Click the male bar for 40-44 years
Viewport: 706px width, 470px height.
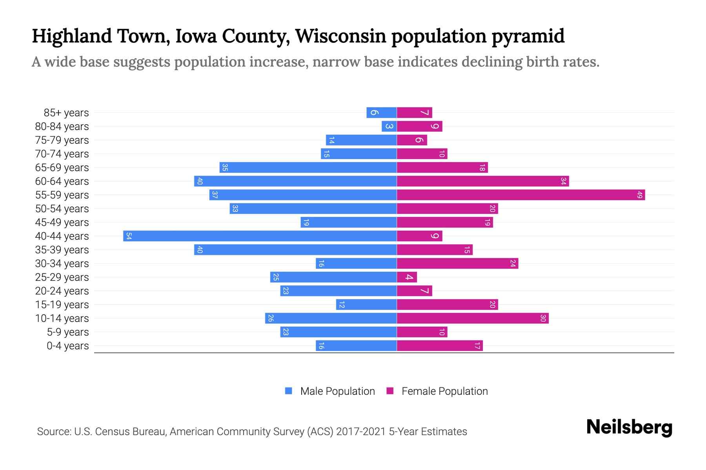[x=260, y=236]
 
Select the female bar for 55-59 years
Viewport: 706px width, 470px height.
[x=521, y=195]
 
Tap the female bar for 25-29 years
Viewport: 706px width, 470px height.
[x=407, y=277]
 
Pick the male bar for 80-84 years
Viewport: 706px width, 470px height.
[x=389, y=127]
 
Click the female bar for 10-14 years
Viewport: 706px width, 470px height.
[x=473, y=318]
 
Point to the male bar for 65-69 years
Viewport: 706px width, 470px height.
[x=308, y=168]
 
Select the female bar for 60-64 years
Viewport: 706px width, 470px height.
[x=483, y=181]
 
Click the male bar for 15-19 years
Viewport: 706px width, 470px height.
[x=366, y=305]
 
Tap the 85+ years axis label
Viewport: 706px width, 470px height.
[x=66, y=113]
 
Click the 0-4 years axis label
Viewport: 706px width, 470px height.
[x=67, y=346]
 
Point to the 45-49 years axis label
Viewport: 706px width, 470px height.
[x=62, y=222]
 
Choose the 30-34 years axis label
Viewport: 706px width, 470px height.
[x=62, y=264]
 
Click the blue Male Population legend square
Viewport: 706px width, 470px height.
[x=289, y=391]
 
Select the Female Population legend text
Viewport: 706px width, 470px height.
[x=444, y=391]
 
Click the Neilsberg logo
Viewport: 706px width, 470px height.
[x=629, y=427]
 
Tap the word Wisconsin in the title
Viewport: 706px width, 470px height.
[x=340, y=36]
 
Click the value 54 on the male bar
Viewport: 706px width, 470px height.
[x=129, y=236]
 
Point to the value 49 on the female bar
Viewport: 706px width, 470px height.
[x=640, y=195]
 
